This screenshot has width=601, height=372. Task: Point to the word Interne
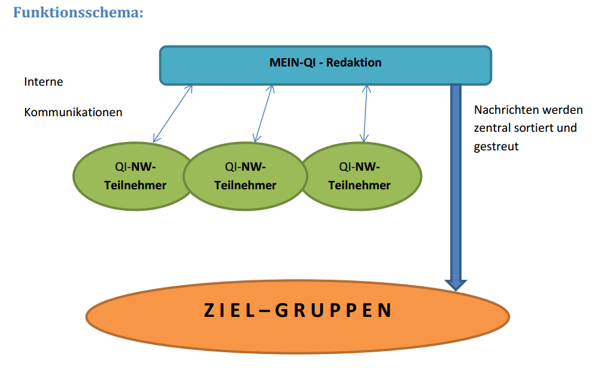(x=44, y=81)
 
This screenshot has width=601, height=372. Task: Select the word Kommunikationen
(x=73, y=112)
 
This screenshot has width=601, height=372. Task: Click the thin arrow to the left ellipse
(x=172, y=113)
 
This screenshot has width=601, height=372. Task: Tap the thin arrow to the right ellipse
(x=365, y=113)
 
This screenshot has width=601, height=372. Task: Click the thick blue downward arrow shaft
(x=456, y=180)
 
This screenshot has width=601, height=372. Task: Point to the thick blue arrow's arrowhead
(x=456, y=284)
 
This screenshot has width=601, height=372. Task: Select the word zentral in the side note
(x=492, y=128)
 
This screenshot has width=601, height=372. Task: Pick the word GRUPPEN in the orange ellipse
(x=333, y=310)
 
